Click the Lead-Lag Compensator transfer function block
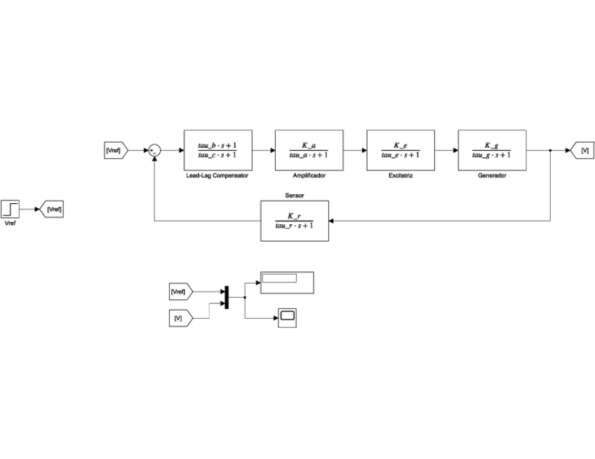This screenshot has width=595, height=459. pyautogui.click(x=218, y=150)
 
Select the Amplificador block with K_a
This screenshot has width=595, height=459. pyautogui.click(x=309, y=150)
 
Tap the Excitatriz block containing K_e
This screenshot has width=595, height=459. pyautogui.click(x=401, y=150)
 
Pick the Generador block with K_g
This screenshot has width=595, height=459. pyautogui.click(x=492, y=150)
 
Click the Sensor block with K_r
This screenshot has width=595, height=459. pyautogui.click(x=294, y=221)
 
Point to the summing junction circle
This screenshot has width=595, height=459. pyautogui.click(x=154, y=150)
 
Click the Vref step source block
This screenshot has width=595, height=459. pyautogui.click(x=11, y=209)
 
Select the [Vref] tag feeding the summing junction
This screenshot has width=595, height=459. pyautogui.click(x=114, y=150)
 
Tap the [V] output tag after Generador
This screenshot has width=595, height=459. pyautogui.click(x=583, y=150)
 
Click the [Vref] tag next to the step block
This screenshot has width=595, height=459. pyautogui.click(x=53, y=209)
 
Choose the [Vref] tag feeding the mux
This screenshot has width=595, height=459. pyautogui.click(x=180, y=290)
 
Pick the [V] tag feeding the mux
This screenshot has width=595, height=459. pyautogui.click(x=180, y=318)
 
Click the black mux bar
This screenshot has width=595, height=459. pyautogui.click(x=226, y=297)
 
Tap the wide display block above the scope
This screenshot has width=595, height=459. pyautogui.click(x=287, y=282)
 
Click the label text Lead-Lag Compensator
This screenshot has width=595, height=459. pyautogui.click(x=218, y=176)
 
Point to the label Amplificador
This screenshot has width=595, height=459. pyautogui.click(x=309, y=176)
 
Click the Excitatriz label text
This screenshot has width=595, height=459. pyautogui.click(x=401, y=176)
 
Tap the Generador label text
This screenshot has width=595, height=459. pyautogui.click(x=492, y=176)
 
